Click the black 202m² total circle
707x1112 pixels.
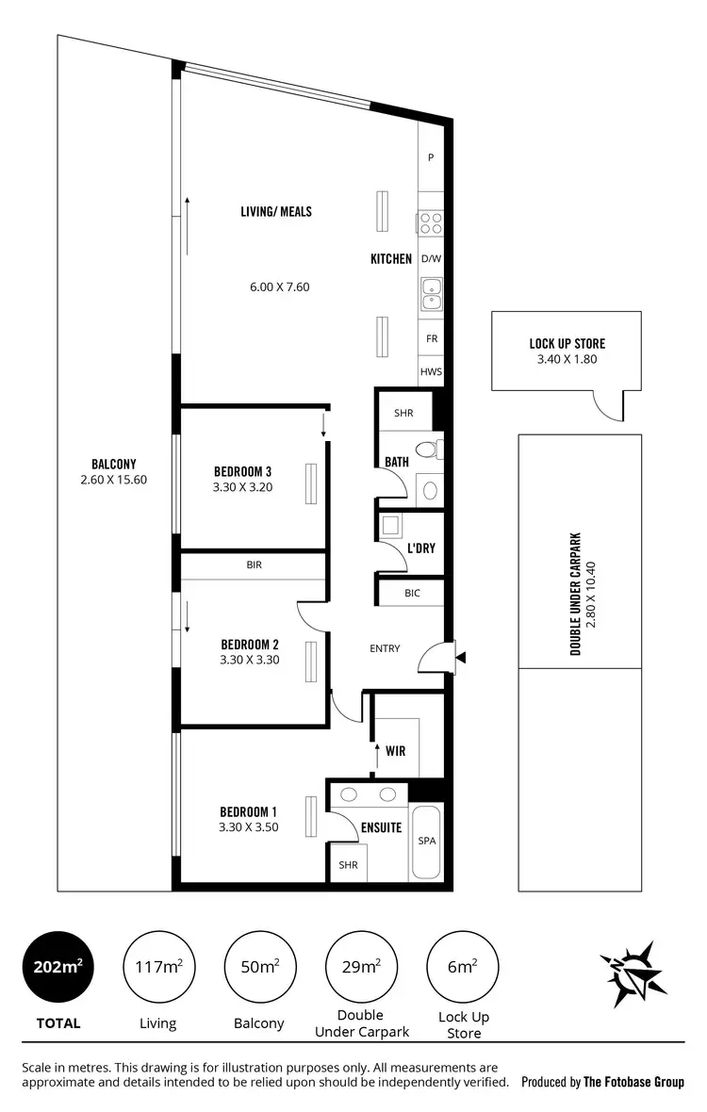pyautogui.click(x=58, y=967)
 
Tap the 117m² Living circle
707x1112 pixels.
pyautogui.click(x=159, y=967)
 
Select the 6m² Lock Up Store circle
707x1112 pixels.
pyautogui.click(x=463, y=967)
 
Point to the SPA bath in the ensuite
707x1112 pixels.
pyautogui.click(x=426, y=842)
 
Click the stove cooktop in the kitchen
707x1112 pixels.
pyautogui.click(x=431, y=223)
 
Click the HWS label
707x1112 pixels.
pyautogui.click(x=431, y=372)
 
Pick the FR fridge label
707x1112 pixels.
pyautogui.click(x=431, y=338)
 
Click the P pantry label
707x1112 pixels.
pyautogui.click(x=431, y=158)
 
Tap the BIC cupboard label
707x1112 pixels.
pyautogui.click(x=411, y=593)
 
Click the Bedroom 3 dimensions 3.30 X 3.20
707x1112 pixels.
pyautogui.click(x=243, y=487)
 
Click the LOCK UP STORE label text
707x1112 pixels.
pyautogui.click(x=567, y=344)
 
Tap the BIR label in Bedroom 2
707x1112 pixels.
pyautogui.click(x=254, y=565)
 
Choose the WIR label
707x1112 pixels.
pyautogui.click(x=396, y=752)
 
